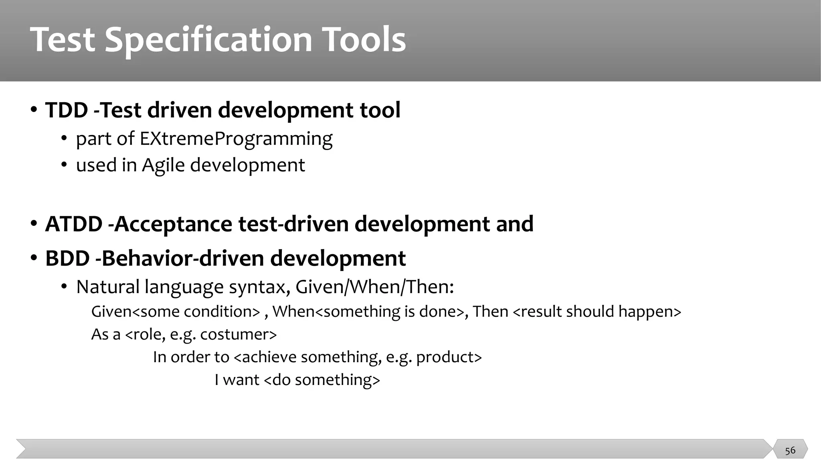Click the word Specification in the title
click(208, 39)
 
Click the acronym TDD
click(67, 110)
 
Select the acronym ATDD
click(74, 224)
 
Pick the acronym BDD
click(67, 258)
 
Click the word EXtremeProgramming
click(236, 139)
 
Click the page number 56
click(790, 450)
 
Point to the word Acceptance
click(173, 224)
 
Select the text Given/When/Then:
click(374, 287)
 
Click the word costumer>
click(239, 334)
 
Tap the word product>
click(449, 357)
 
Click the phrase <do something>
click(322, 380)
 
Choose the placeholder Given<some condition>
click(176, 312)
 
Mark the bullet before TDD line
click(34, 109)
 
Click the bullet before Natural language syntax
click(64, 287)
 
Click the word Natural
click(108, 287)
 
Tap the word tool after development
click(380, 110)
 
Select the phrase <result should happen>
click(597, 312)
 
